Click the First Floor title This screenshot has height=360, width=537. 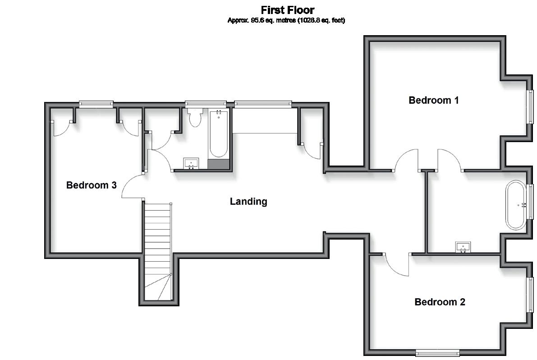(287, 10)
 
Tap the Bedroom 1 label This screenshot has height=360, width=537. (433, 100)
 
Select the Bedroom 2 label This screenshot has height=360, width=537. (439, 302)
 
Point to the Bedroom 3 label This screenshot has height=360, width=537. (91, 185)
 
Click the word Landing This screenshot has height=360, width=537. (248, 201)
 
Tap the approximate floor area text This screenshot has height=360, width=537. (286, 20)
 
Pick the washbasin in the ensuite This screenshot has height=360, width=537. (463, 246)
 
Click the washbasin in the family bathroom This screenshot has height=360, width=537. (191, 163)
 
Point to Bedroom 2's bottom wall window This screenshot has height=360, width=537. (437, 352)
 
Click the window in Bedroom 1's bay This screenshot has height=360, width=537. (531, 106)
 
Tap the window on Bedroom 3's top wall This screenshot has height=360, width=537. (96, 104)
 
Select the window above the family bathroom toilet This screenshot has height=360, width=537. (205, 104)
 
